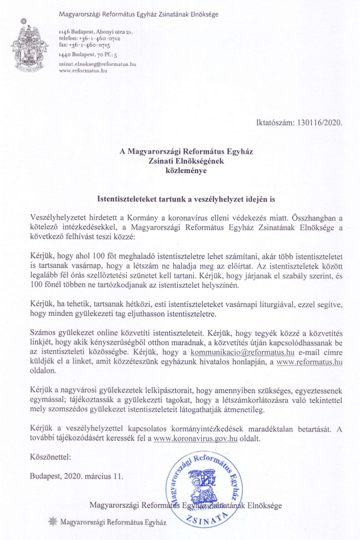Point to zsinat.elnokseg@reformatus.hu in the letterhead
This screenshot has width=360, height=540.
[98, 63]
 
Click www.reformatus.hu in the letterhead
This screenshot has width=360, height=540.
[83, 70]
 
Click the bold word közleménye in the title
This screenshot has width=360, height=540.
[187, 171]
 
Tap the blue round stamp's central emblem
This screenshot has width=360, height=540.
[202, 485]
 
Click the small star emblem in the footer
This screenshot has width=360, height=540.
[53, 522]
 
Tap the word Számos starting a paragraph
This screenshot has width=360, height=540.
[44, 334]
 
